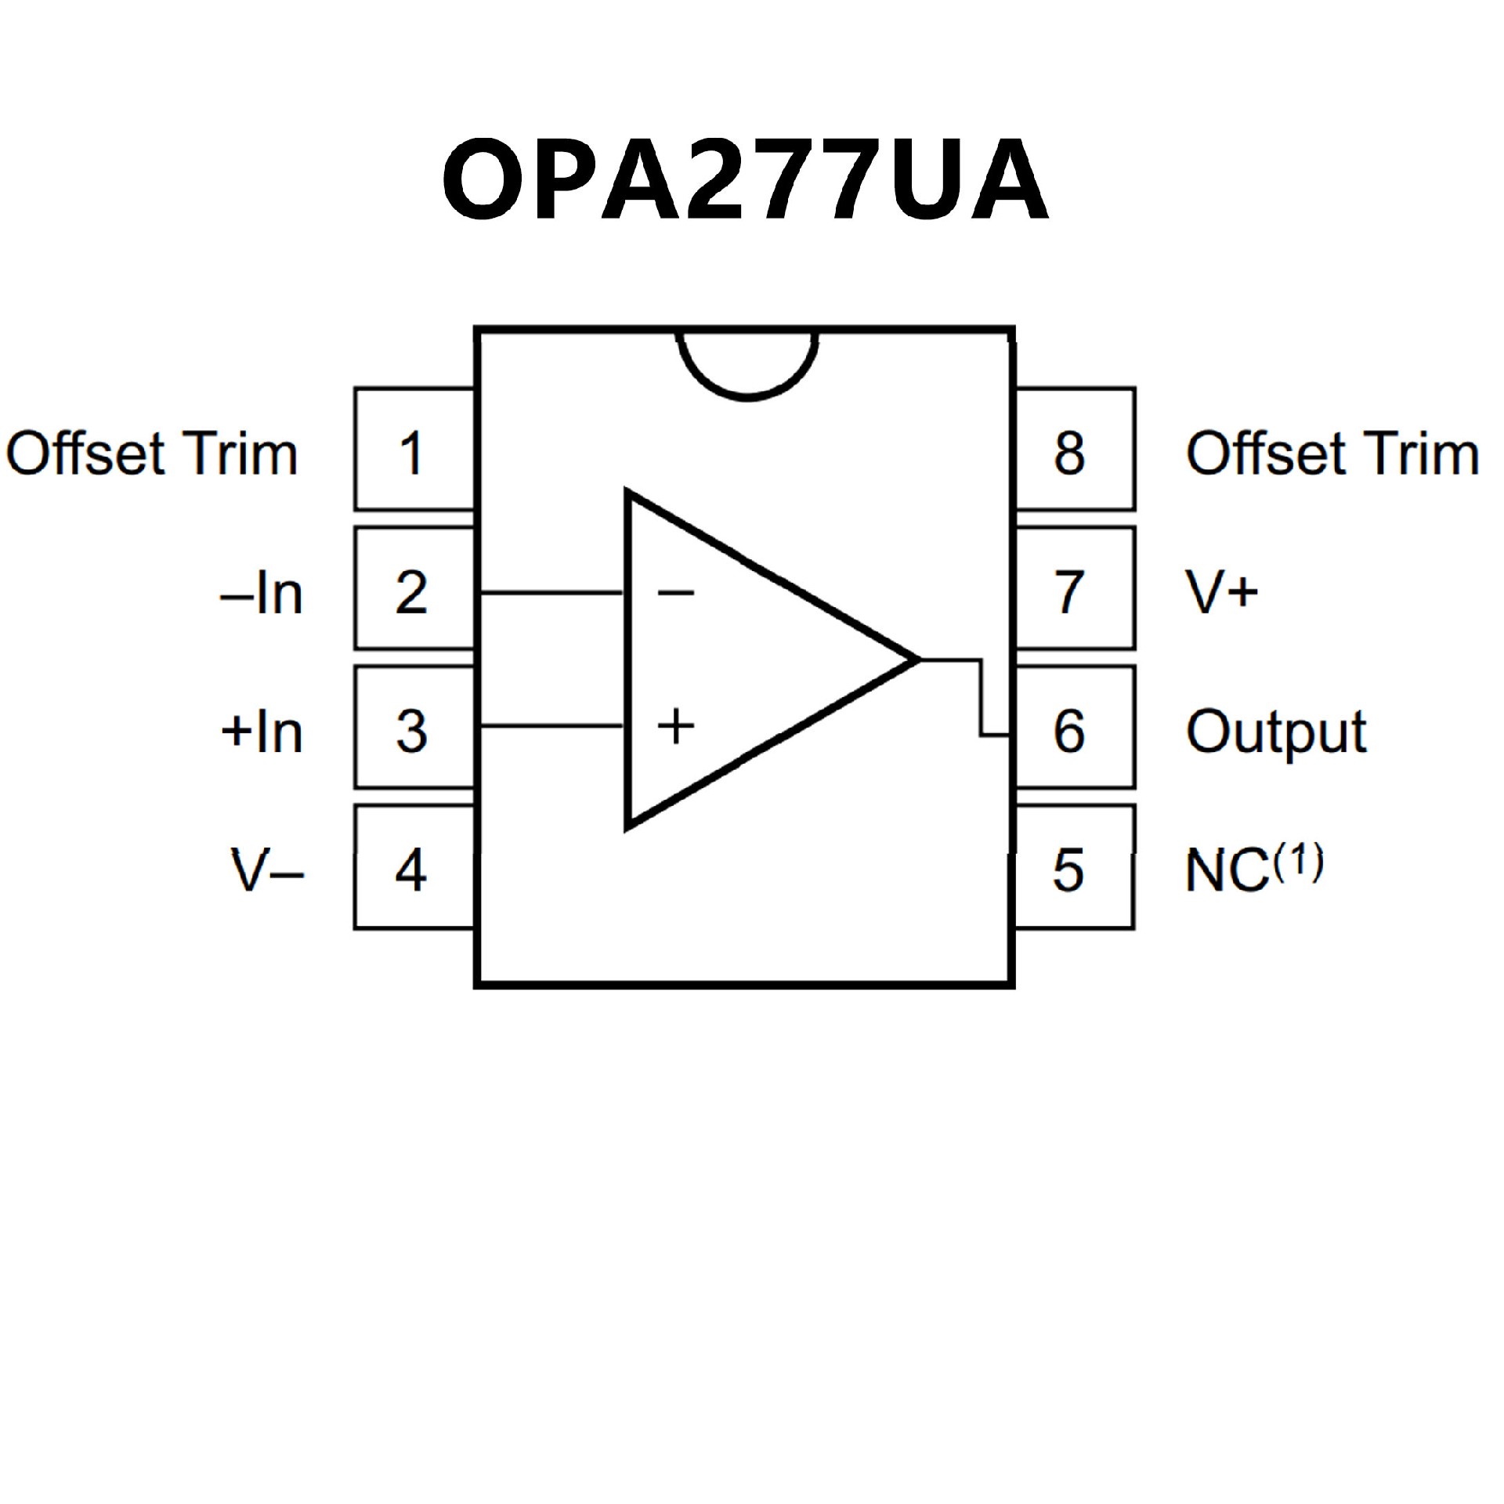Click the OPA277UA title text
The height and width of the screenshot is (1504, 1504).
coord(745,181)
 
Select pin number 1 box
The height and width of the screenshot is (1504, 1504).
coord(414,450)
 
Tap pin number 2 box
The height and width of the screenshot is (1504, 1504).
coord(414,589)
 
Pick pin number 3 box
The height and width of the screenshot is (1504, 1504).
coord(414,728)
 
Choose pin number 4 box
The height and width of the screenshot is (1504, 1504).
coord(414,868)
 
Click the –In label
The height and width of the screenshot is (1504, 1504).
coord(262,594)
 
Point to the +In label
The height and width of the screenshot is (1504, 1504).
coord(262,732)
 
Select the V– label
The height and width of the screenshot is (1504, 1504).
coord(267,870)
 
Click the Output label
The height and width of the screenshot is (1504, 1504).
coord(1276,732)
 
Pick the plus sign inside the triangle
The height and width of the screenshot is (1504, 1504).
coord(675,726)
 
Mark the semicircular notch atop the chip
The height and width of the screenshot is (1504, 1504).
coord(747,364)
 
